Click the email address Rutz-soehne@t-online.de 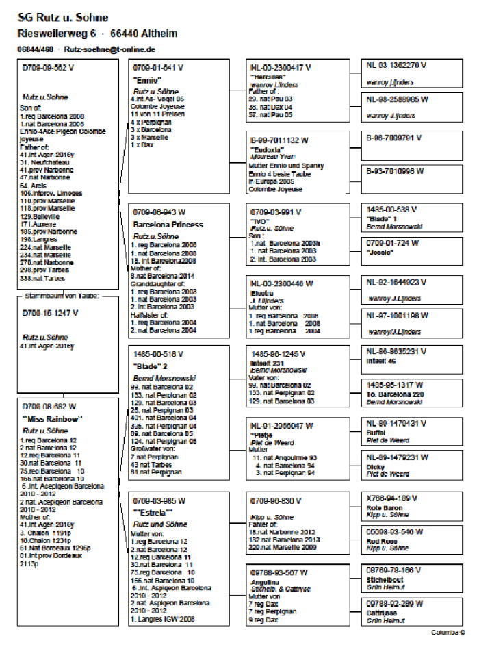click(116, 50)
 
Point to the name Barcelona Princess click(168, 224)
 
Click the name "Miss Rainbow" click(53, 418)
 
